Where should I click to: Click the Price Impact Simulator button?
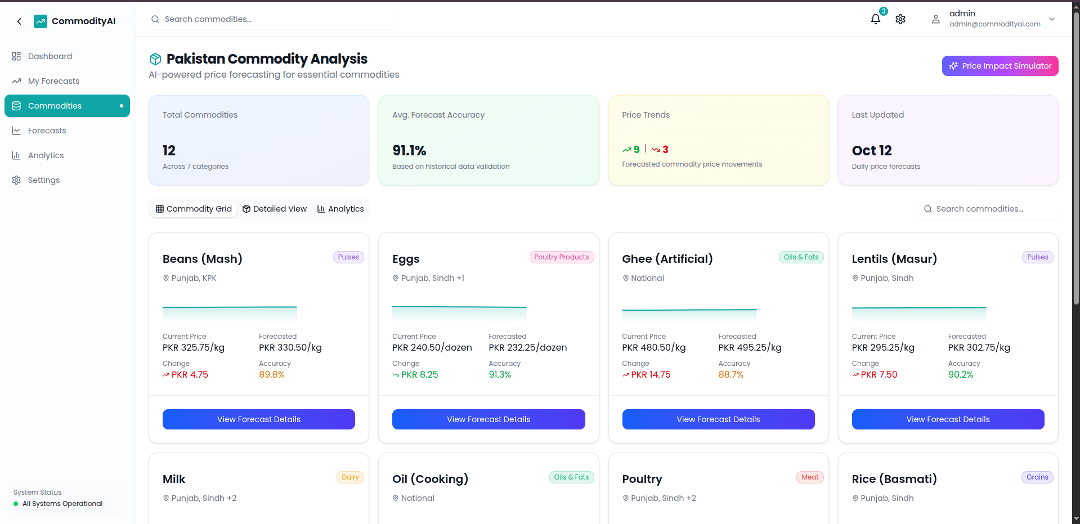click(x=1000, y=66)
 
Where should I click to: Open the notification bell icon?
click(x=875, y=19)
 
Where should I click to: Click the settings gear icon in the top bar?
click(x=900, y=19)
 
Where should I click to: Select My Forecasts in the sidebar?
click(x=53, y=81)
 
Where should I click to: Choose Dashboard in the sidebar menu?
click(x=50, y=56)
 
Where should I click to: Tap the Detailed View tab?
click(x=275, y=209)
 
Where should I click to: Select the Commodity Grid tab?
click(x=194, y=209)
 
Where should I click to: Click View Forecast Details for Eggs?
click(x=488, y=419)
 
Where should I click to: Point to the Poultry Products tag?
click(x=561, y=257)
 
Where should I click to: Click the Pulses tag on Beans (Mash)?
click(x=348, y=257)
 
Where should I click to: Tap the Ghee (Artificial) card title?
click(x=667, y=259)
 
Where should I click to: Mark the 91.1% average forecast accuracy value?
click(x=409, y=151)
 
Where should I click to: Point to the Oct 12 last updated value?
click(x=871, y=151)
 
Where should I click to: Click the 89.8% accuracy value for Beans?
click(x=272, y=375)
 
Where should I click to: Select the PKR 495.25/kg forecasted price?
click(x=750, y=348)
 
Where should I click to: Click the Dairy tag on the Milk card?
click(x=350, y=477)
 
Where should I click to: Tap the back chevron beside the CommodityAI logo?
click(x=19, y=21)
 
